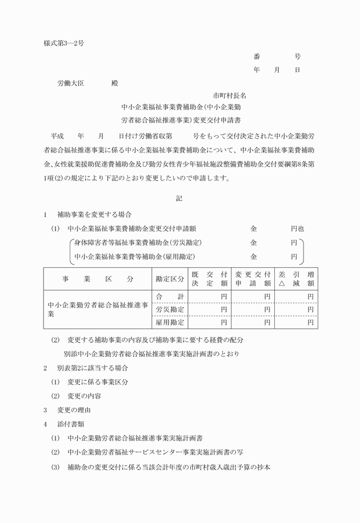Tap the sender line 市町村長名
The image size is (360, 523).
tap(230, 95)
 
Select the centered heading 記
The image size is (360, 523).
tap(180, 199)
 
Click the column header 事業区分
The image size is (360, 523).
tap(97, 279)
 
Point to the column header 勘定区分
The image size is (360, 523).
tap(170, 279)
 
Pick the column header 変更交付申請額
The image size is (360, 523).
tap(253, 279)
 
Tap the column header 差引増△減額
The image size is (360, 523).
tap(296, 279)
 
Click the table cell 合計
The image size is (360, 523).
tap(170, 296)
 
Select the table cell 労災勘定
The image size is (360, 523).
tap(170, 309)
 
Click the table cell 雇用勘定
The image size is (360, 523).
tap(170, 322)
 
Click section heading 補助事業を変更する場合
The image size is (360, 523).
tap(94, 215)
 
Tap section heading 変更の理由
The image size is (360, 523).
tap(74, 410)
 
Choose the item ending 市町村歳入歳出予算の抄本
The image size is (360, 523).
tap(169, 466)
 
